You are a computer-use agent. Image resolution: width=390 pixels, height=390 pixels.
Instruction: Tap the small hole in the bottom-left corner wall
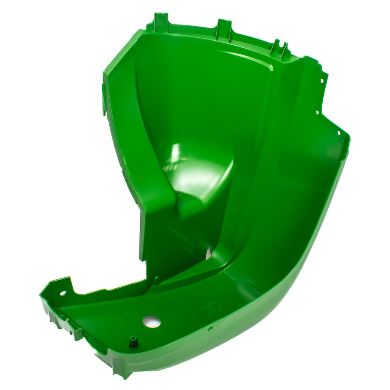pyautogui.click(x=62, y=293)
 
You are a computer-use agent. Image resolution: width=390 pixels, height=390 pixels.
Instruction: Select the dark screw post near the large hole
pyautogui.click(x=133, y=342)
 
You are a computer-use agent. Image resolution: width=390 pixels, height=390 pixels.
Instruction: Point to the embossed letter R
pyautogui.click(x=214, y=305)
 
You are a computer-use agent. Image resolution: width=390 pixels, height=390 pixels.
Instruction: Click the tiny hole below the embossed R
pyautogui.click(x=209, y=328)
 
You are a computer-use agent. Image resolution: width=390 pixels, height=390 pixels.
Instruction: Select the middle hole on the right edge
pyautogui.click(x=317, y=112)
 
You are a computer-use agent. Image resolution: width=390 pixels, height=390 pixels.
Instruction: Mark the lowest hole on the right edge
pyautogui.click(x=339, y=133)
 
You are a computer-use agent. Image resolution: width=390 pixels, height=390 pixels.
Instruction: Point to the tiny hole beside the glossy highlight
pyautogui.click(x=180, y=194)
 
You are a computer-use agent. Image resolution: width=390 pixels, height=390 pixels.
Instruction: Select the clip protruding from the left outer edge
pyautogui.click(x=104, y=100)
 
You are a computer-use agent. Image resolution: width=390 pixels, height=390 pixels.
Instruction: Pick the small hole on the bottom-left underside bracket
pyautogui.click(x=70, y=332)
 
